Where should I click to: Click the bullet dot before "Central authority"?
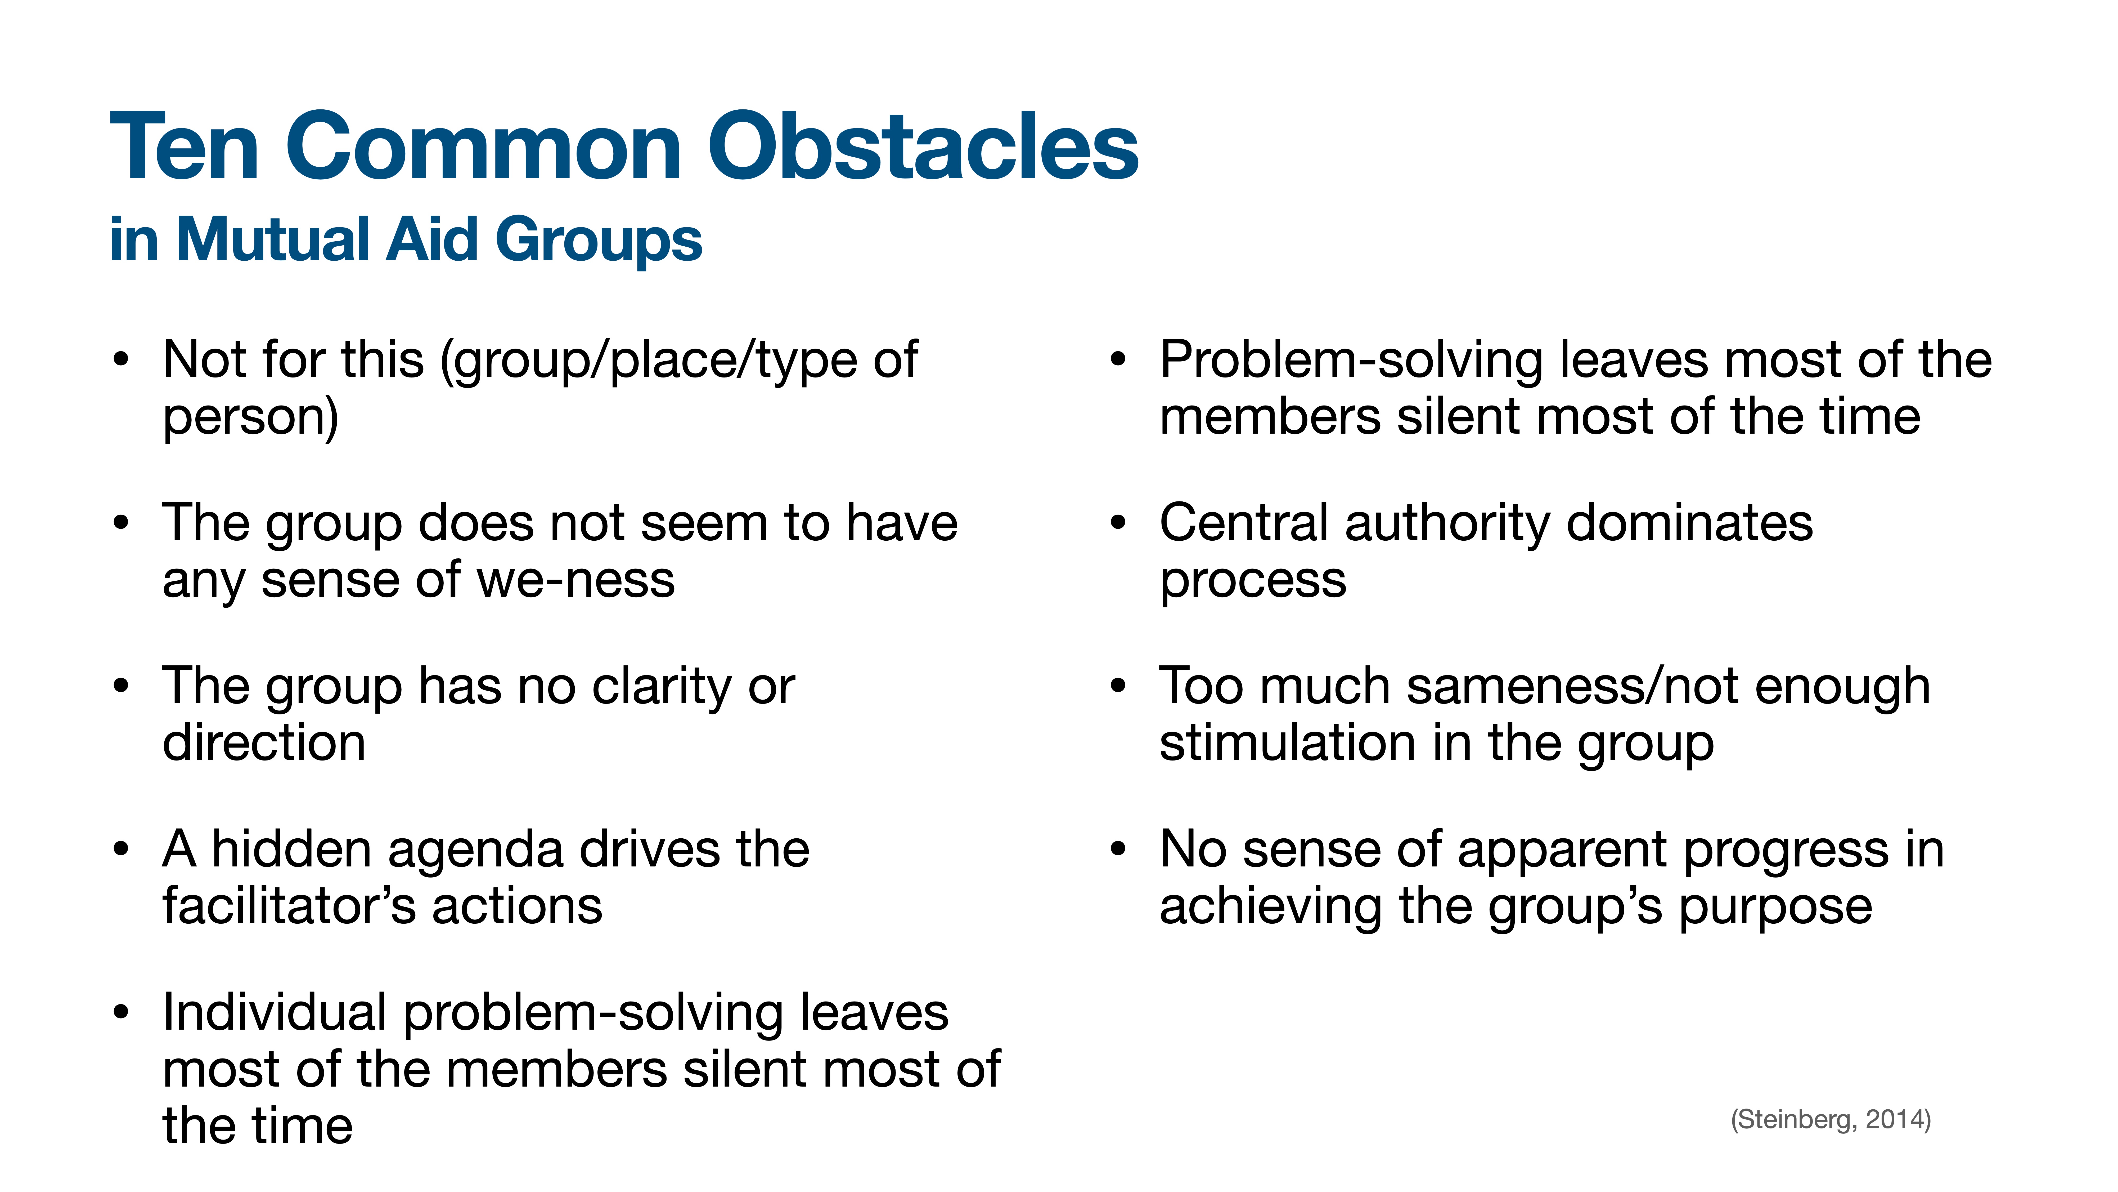[1117, 523]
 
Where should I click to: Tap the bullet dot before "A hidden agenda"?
[121, 850]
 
